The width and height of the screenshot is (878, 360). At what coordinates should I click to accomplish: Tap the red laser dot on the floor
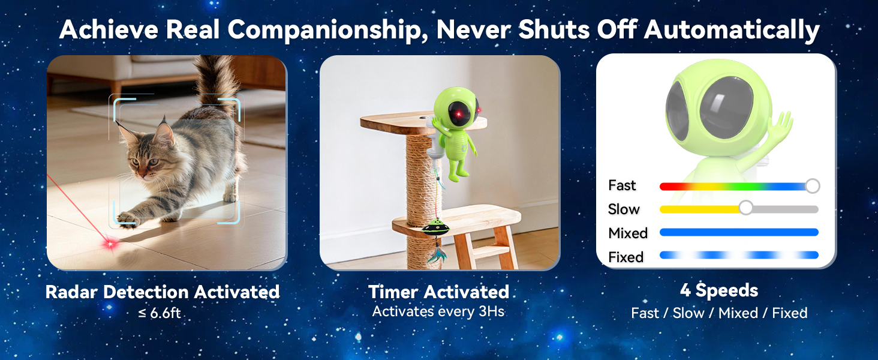coord(110,245)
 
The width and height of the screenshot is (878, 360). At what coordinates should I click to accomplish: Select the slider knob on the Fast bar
coord(813,186)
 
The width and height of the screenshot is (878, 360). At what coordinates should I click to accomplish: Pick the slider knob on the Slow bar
coord(745,208)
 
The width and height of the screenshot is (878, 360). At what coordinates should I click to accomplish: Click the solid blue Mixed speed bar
coord(739,232)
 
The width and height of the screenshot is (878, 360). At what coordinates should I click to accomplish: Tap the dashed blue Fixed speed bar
coord(739,255)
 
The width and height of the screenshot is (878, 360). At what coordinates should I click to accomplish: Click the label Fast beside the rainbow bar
coord(622,185)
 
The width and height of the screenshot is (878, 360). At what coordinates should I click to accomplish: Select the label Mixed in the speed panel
coord(628,233)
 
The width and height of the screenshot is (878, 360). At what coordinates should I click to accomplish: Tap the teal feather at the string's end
coord(438,254)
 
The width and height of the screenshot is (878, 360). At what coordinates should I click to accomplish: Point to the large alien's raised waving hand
coord(780,125)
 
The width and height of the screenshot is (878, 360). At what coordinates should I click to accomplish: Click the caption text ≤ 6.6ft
coord(160,313)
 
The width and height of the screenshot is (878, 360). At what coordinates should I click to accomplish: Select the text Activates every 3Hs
coord(438,311)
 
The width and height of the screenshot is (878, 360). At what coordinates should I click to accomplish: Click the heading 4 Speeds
coord(719,290)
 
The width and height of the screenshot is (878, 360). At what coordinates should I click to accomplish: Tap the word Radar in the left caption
coord(71,292)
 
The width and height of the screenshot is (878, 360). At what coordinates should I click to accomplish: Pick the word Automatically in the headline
coord(732,31)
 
